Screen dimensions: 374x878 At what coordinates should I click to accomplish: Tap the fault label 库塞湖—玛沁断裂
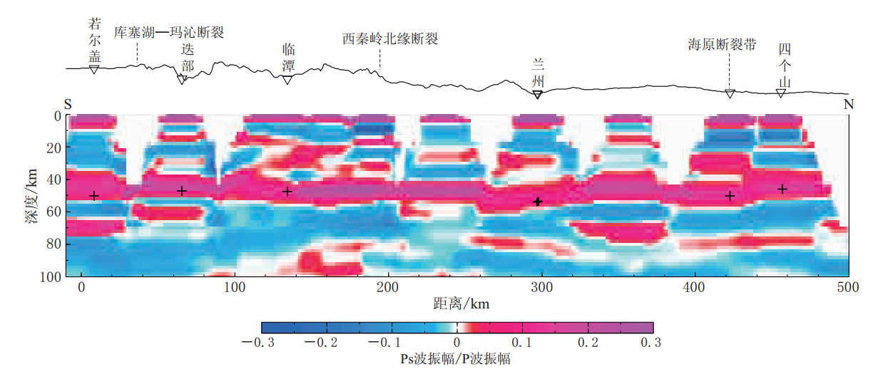point(170,33)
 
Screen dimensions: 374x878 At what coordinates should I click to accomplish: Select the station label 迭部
point(187,58)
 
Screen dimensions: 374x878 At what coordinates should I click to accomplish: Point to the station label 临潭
point(288,58)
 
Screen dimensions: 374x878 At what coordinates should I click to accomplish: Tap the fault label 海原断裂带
point(722,44)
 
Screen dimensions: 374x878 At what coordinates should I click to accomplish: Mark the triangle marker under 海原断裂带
point(730,94)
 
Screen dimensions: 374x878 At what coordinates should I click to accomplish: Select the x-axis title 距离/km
point(461,304)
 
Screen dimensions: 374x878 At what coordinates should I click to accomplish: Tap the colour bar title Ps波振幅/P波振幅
point(456,360)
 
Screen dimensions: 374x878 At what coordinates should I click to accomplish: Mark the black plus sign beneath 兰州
point(538,202)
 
